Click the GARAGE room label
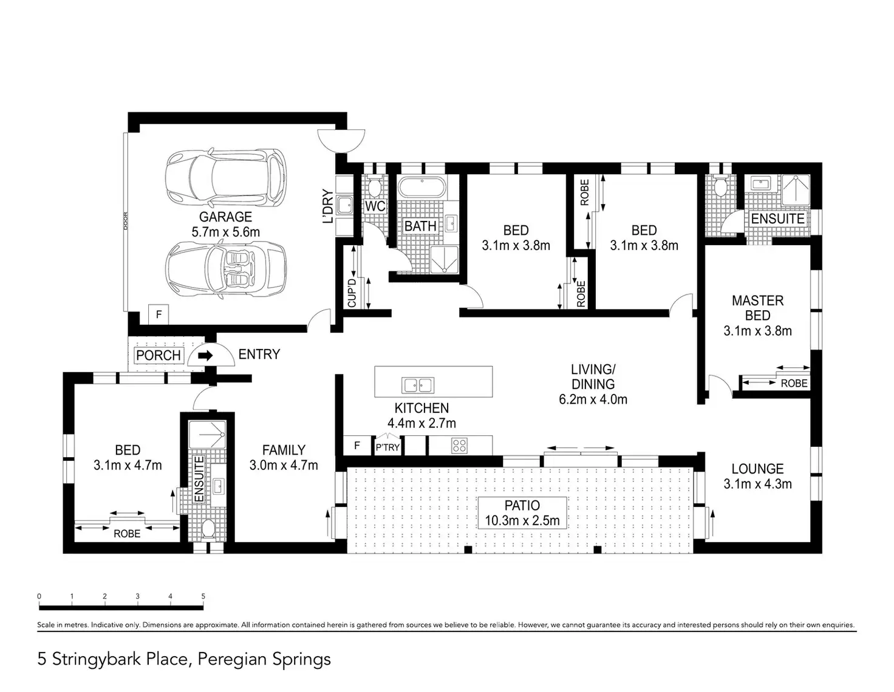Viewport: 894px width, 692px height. point(225,217)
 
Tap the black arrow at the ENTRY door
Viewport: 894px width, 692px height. point(205,355)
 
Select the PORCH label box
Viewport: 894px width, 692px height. point(159,355)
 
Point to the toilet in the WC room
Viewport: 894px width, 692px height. point(374,186)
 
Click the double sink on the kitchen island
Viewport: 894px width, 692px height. point(418,385)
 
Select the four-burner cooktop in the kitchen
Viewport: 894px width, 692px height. point(459,446)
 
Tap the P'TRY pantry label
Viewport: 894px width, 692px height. point(387,447)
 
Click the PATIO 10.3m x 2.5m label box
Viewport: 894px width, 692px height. point(522,513)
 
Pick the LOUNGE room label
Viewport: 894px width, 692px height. point(757,469)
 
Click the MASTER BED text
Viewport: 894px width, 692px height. point(757,308)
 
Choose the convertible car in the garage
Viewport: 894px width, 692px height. point(225,270)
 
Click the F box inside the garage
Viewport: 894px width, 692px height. point(159,315)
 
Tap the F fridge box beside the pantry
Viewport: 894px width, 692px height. point(357,446)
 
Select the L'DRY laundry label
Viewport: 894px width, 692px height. point(328,206)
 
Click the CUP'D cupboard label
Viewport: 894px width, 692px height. point(352,293)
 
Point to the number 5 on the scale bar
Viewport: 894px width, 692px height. point(203,596)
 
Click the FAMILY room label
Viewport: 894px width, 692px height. point(284,450)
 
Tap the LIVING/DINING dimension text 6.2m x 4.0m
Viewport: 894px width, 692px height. point(593,399)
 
